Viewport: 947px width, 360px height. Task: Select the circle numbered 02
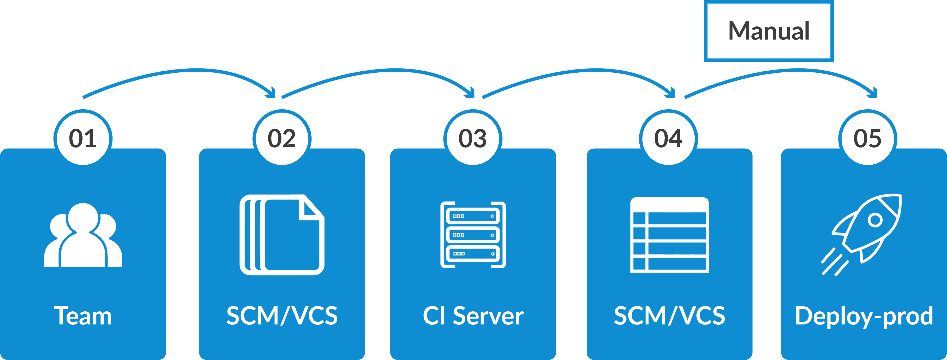point(282,139)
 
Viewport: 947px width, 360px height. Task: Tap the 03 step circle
point(473,139)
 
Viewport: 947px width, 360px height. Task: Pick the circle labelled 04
point(668,139)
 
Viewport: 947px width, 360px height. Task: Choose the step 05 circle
point(868,139)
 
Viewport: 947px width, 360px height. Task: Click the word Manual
point(769,31)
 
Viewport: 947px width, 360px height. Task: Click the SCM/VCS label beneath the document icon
point(282,316)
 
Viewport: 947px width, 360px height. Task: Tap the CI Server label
point(473,316)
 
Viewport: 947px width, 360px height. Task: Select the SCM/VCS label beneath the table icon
point(670,316)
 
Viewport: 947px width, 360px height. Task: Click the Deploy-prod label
point(864,316)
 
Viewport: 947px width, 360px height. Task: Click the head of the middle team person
point(83,217)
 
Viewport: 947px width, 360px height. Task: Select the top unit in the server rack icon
point(473,216)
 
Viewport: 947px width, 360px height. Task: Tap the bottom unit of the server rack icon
point(473,254)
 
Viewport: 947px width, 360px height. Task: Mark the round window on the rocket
point(875,220)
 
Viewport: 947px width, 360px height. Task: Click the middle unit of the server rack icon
point(473,235)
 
